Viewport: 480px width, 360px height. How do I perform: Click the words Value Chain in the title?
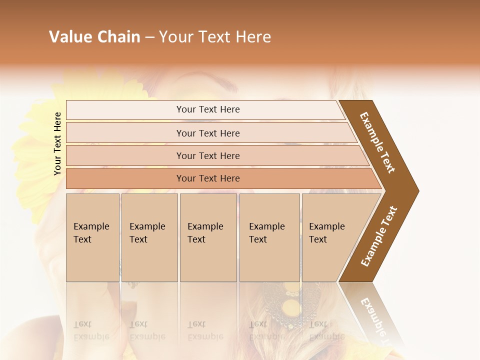click(94, 37)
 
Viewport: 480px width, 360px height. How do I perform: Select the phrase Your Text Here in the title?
click(215, 37)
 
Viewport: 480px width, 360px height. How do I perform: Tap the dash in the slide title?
click(149, 37)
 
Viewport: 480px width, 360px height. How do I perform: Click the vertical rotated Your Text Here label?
click(57, 143)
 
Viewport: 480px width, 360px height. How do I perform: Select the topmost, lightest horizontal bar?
click(208, 109)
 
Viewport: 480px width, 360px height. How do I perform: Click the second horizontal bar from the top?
click(208, 133)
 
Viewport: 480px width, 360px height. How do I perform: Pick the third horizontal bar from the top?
click(208, 155)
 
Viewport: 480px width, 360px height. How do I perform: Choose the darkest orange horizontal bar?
click(208, 178)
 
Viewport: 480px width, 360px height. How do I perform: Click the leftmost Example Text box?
click(92, 237)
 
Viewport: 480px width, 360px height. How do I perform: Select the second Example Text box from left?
click(149, 237)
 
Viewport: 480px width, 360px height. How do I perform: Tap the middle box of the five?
click(208, 237)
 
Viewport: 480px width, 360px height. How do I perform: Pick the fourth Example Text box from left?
click(269, 237)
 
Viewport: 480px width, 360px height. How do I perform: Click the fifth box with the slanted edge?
click(330, 237)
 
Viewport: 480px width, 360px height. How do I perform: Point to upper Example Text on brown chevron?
click(378, 142)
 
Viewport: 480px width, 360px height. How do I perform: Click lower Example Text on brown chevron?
click(378, 236)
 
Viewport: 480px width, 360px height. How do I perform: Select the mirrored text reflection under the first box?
click(91, 330)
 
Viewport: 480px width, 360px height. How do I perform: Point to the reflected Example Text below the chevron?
click(375, 317)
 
